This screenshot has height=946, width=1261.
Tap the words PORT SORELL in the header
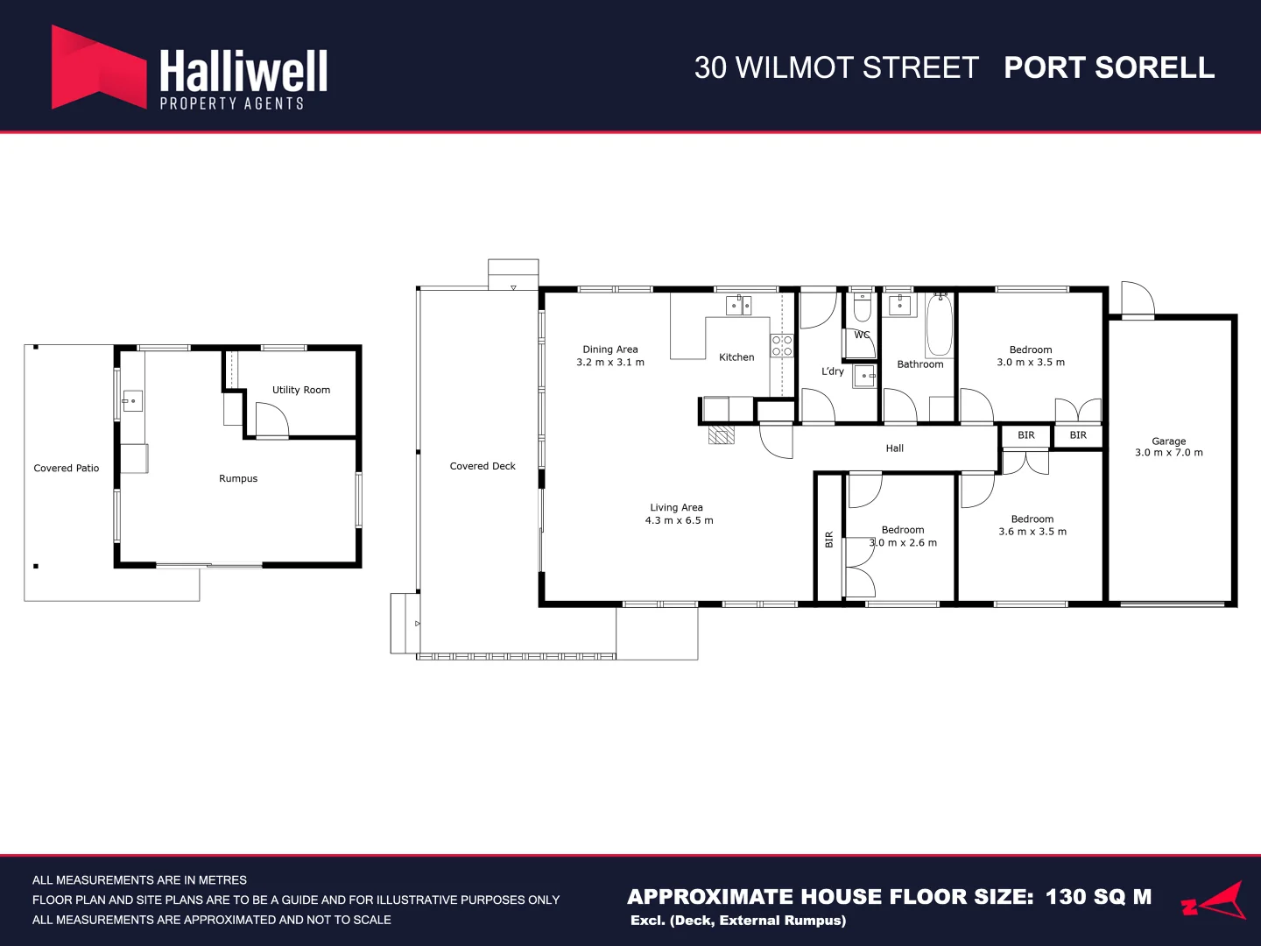(x=1109, y=67)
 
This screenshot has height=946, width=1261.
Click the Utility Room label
(x=301, y=390)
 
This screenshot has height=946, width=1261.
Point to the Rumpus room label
(x=238, y=478)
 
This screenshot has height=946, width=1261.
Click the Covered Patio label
(x=67, y=468)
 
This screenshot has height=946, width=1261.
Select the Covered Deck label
(x=483, y=466)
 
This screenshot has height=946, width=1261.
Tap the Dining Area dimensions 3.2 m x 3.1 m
(x=610, y=362)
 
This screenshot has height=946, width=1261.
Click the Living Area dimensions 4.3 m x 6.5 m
(x=679, y=520)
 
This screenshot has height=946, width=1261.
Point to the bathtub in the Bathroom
(x=940, y=326)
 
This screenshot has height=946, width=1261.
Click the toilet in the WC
(x=862, y=308)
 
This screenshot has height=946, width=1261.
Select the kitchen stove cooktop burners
(x=781, y=345)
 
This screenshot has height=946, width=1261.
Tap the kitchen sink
(x=738, y=306)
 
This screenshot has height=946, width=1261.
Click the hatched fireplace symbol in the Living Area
(x=721, y=434)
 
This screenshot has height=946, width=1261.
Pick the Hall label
(x=894, y=448)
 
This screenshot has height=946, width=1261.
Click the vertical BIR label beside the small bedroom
(x=829, y=540)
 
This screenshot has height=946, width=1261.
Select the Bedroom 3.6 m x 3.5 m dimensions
(x=1032, y=532)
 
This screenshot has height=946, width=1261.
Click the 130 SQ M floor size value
(x=1098, y=897)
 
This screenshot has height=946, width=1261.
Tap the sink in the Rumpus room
(x=131, y=401)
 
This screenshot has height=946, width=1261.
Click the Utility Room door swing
(x=271, y=420)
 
